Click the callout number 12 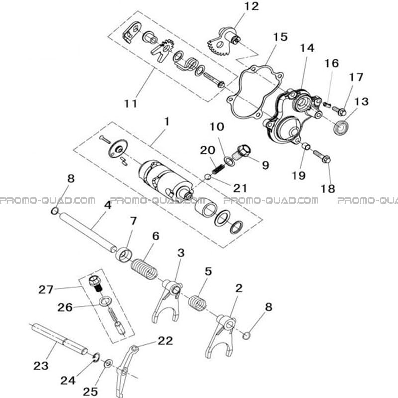[251, 7]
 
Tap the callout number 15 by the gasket [280, 37]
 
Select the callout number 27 [46, 290]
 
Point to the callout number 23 [41, 366]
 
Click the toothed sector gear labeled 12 [223, 42]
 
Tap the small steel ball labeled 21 [208, 177]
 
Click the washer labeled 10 [230, 161]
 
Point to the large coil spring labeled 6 [144, 269]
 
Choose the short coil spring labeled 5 [197, 302]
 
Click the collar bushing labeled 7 [124, 254]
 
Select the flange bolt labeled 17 [339, 110]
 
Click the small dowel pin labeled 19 [306, 146]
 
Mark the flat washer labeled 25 [108, 363]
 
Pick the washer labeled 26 [105, 301]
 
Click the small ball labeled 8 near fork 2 [246, 335]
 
